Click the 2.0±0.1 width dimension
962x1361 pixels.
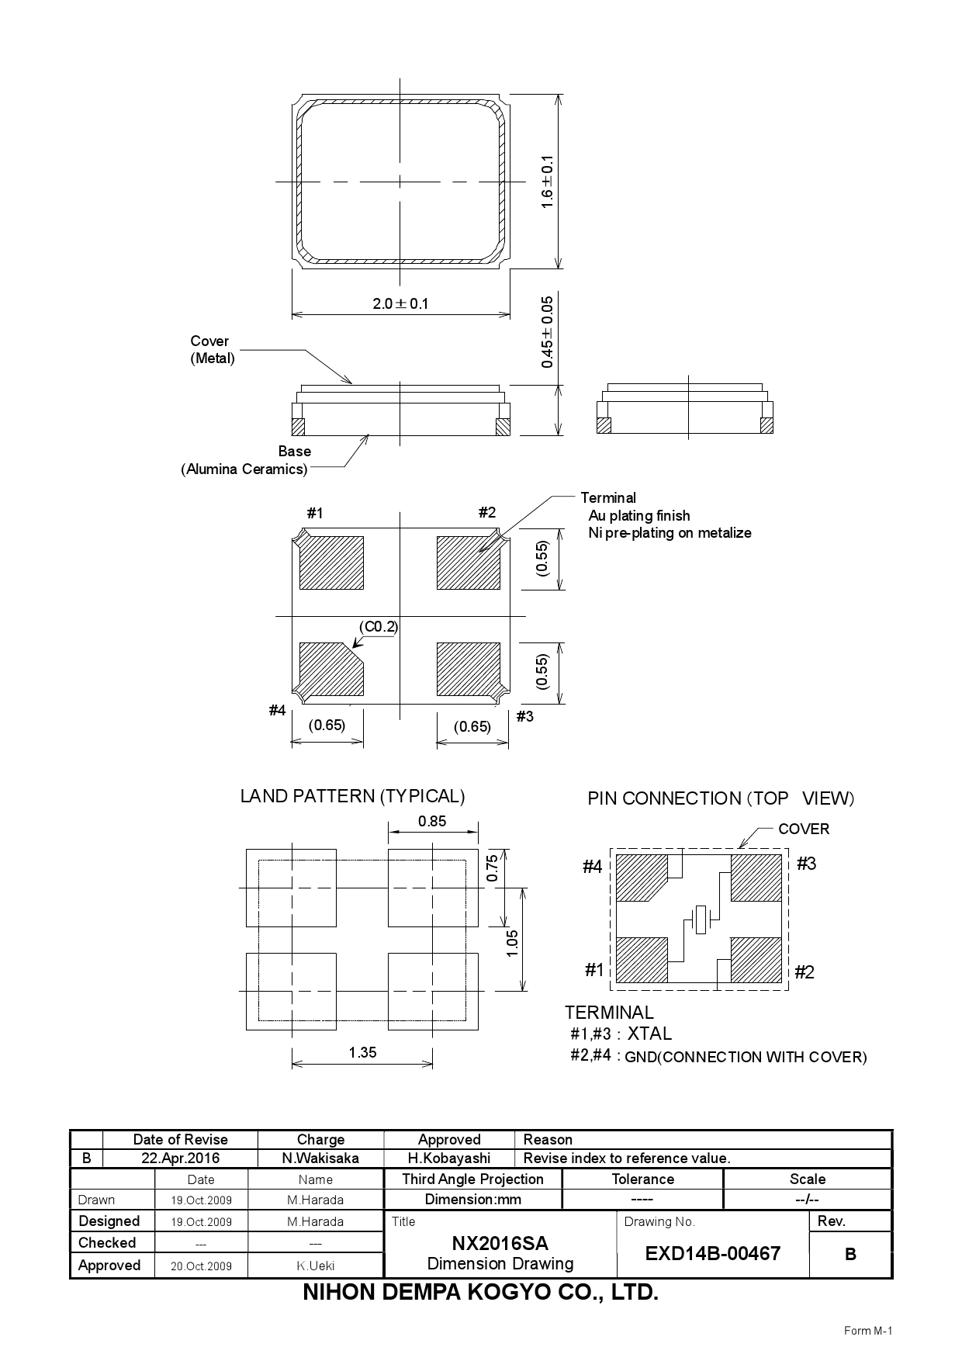click(400, 303)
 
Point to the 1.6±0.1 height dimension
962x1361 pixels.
click(548, 182)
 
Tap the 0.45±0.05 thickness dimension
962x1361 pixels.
click(548, 331)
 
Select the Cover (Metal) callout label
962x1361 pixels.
click(212, 350)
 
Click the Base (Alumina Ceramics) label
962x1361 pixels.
click(245, 460)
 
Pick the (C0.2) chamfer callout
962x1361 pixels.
click(379, 626)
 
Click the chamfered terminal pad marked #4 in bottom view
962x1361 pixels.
click(330, 669)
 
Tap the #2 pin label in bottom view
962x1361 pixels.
click(486, 512)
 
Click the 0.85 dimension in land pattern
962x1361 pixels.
click(432, 821)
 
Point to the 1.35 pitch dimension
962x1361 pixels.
click(362, 1052)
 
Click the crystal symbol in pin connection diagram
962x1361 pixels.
click(701, 920)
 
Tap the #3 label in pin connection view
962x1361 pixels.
click(806, 864)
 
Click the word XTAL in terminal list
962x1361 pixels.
click(649, 1034)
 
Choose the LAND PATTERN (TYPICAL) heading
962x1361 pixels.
click(352, 796)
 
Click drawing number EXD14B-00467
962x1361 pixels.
click(712, 1253)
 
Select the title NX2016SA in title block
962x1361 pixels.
click(500, 1243)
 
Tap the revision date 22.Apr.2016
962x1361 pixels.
click(180, 1158)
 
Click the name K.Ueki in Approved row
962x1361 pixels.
click(315, 1266)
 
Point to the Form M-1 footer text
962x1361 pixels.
click(868, 1331)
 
